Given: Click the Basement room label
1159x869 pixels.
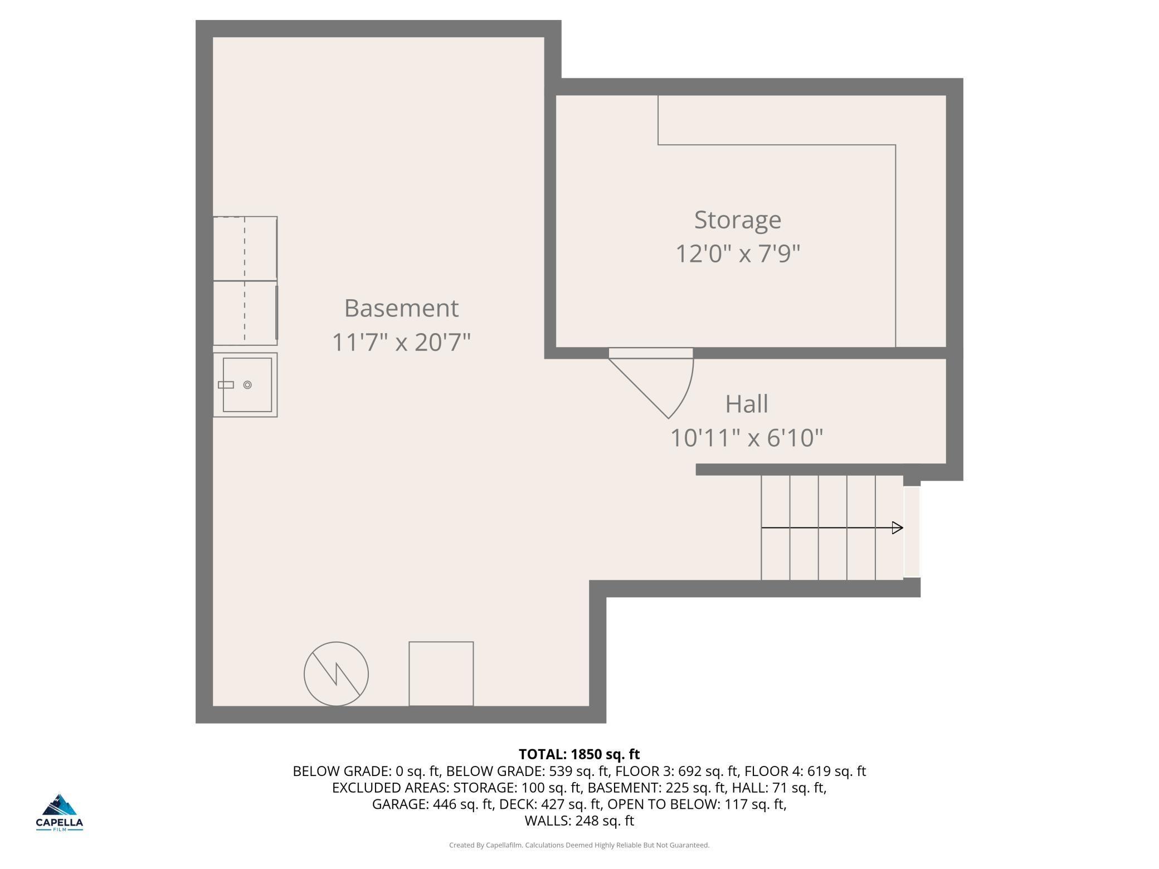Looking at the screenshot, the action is point(401,308).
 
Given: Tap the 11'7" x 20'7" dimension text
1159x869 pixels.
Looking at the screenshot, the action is point(401,341).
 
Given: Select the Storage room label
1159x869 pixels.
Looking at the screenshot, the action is point(738,221).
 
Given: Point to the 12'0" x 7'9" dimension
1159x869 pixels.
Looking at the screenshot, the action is point(738,253).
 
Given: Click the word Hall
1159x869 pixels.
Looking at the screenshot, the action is point(747,404).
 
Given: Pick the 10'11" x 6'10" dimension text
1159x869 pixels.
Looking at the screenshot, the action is point(747,438).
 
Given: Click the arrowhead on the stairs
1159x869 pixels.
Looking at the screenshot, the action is point(897,528).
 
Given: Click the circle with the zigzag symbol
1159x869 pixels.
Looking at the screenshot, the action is point(336,673).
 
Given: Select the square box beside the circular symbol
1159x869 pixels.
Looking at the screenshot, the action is point(441,673).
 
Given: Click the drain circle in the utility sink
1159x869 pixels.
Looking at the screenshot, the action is point(247,385).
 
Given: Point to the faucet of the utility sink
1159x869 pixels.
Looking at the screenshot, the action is point(226,385).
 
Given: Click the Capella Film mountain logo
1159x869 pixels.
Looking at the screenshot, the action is point(59,812).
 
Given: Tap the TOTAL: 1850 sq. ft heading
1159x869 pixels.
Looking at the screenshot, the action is point(579,754).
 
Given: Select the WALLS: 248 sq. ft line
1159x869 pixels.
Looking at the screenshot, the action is point(579,821).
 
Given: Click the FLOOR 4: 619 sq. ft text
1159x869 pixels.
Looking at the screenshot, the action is point(805,771).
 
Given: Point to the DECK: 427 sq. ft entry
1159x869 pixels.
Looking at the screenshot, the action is point(551,804).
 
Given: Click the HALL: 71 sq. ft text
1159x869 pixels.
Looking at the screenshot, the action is point(779,788).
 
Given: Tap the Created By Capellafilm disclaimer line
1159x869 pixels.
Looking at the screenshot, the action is point(579,845).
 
